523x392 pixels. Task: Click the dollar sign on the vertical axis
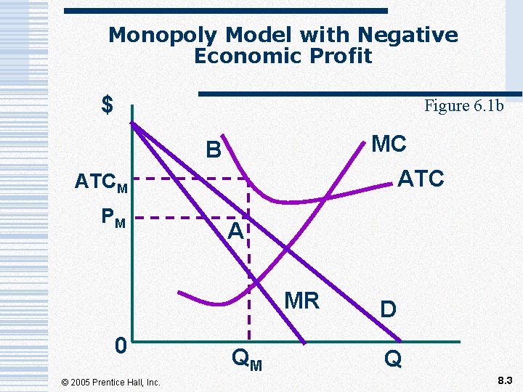(108, 105)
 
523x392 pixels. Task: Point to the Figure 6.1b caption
(463, 106)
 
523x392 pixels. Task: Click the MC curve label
(389, 144)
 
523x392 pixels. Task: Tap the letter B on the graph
(213, 150)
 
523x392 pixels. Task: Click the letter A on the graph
(234, 232)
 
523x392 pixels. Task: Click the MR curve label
(301, 300)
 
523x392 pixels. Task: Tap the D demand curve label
(389, 310)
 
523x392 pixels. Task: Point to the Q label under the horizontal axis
(393, 359)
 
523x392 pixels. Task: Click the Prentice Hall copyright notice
(111, 382)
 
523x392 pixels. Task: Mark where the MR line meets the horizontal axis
(306, 342)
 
